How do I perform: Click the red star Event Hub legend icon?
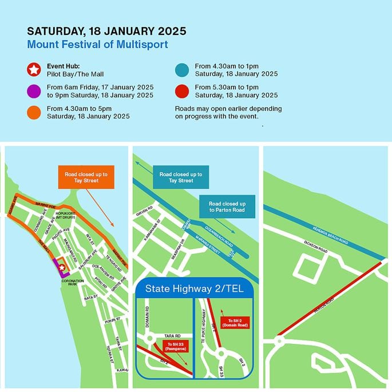click(x=34, y=70)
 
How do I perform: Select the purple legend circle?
click(x=34, y=90)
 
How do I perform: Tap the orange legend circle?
click(x=34, y=111)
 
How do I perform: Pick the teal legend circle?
click(x=182, y=70)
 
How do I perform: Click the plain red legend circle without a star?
click(x=182, y=90)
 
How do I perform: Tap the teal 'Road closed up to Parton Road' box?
click(x=227, y=207)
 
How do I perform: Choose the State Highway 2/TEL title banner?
click(x=194, y=289)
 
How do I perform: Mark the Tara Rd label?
click(x=172, y=335)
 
